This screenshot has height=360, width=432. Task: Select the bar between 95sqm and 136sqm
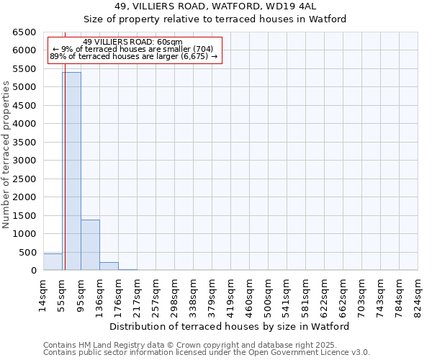point(90,245)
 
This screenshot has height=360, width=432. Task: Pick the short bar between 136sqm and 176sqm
point(109,266)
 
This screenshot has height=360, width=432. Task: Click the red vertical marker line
point(65,144)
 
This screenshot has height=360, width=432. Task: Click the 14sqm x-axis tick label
point(43,294)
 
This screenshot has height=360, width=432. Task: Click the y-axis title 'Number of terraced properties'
point(6,155)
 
